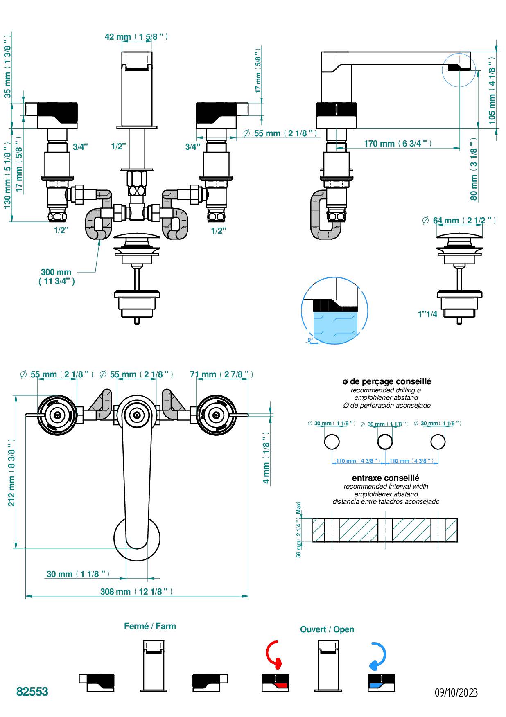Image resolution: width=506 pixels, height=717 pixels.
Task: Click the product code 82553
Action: tap(32, 692)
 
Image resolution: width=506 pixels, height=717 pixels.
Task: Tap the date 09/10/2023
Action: tap(456, 692)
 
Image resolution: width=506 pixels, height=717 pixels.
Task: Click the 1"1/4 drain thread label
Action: tap(427, 314)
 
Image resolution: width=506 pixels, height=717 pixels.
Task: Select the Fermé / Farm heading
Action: tap(150, 626)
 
